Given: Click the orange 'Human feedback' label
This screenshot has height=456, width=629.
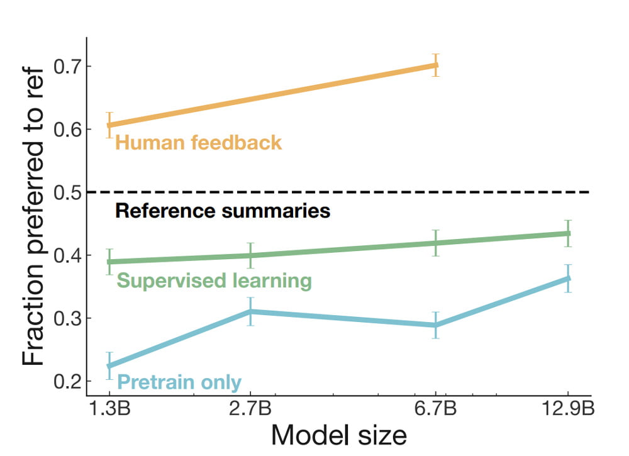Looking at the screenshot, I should (199, 143).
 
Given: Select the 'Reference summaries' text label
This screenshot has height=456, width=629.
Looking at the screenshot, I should (223, 211).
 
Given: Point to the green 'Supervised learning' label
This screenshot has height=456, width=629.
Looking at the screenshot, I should (214, 281).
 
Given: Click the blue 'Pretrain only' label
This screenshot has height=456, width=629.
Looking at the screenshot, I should (180, 382).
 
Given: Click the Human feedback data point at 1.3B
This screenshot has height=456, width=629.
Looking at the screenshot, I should (109, 125).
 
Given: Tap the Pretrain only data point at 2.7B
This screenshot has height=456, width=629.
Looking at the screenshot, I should (250, 311).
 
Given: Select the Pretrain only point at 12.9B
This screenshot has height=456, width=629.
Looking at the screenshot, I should (568, 278).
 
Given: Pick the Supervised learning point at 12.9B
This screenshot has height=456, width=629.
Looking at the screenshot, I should (568, 233).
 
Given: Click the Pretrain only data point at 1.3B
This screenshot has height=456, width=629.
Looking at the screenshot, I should (109, 365).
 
